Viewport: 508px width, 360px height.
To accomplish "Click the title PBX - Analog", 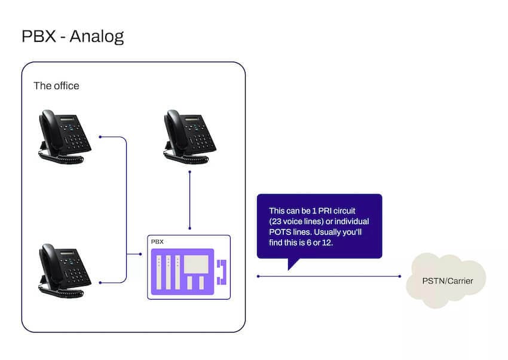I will click(x=72, y=36).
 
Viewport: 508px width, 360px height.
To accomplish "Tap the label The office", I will click(x=56, y=86).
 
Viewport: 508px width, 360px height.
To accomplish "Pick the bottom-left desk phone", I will click(x=65, y=267).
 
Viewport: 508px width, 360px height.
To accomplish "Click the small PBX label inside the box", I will click(x=157, y=242).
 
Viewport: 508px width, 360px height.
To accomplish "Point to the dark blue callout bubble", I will click(x=319, y=226).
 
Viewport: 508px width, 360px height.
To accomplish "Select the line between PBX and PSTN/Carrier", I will click(x=329, y=276).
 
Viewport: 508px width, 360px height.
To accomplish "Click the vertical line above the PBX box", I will click(x=189, y=200).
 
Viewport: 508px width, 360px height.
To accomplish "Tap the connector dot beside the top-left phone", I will click(x=100, y=137).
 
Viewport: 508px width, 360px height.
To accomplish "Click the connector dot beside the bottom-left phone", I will click(x=100, y=282).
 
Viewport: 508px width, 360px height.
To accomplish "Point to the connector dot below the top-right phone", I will click(x=189, y=172).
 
